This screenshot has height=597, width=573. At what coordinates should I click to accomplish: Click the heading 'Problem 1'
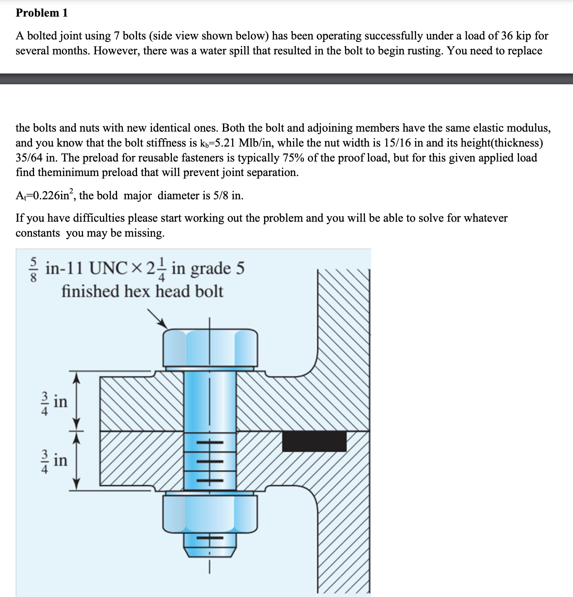click(x=42, y=13)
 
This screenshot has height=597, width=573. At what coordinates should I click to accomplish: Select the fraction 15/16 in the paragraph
click(x=402, y=143)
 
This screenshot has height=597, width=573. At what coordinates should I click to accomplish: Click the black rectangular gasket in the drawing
click(x=314, y=441)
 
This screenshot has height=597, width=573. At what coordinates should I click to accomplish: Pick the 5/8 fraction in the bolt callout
click(x=35, y=269)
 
